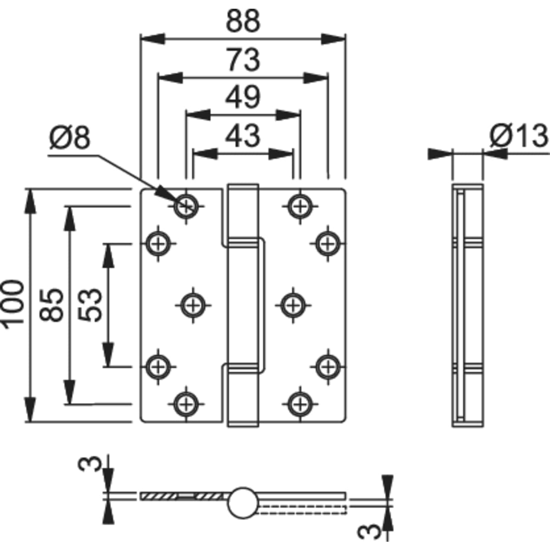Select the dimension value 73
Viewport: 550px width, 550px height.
pos(243,60)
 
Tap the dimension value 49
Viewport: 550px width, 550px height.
pos(243,97)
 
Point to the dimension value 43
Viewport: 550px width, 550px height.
pos(243,136)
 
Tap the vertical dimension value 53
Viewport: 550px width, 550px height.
pos(89,305)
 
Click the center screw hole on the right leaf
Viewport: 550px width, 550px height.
pos(292,304)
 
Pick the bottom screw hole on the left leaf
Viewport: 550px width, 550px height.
pos(186,404)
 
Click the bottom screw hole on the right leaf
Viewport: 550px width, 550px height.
pos(300,404)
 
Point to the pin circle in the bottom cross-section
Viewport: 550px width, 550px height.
pos(242,502)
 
